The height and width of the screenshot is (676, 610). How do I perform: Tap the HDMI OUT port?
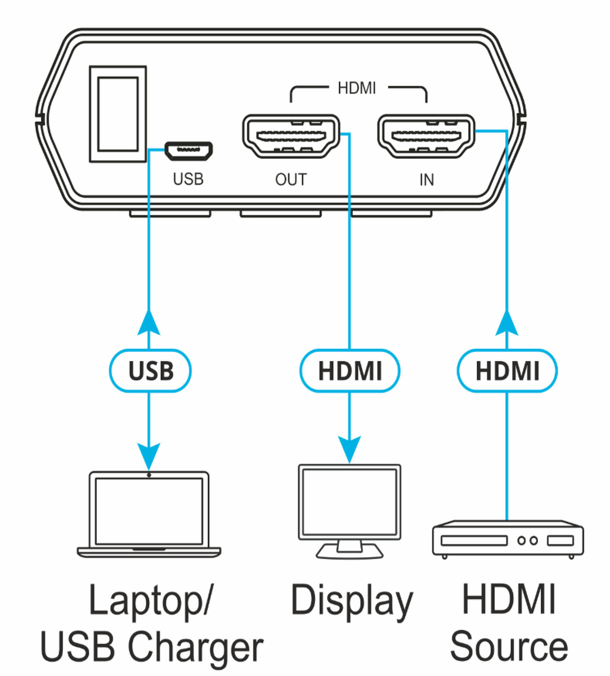point(291,136)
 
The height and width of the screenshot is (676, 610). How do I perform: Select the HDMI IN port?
point(426,136)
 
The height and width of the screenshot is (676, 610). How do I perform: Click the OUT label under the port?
point(291,180)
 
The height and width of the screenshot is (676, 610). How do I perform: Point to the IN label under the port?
point(426,180)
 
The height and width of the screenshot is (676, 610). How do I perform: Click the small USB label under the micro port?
point(188,179)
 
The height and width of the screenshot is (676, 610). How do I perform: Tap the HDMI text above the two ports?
point(356,88)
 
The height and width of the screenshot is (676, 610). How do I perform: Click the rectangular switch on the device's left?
point(118,114)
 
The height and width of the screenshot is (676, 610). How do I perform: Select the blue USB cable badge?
point(150,371)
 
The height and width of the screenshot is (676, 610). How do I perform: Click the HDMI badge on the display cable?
point(349,371)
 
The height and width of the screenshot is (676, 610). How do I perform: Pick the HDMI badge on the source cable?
point(507,371)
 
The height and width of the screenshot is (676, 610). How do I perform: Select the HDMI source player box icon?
point(507,540)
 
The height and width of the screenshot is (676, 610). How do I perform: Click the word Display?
point(351,602)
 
